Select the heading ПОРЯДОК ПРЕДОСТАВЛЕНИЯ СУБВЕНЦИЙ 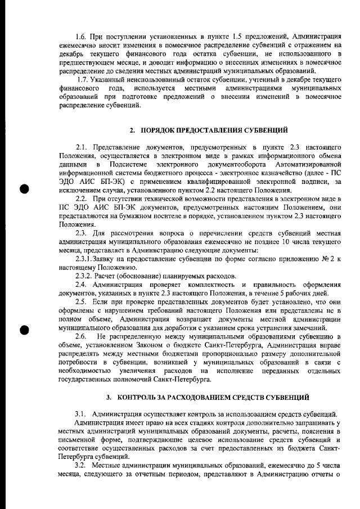click(x=213, y=130)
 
